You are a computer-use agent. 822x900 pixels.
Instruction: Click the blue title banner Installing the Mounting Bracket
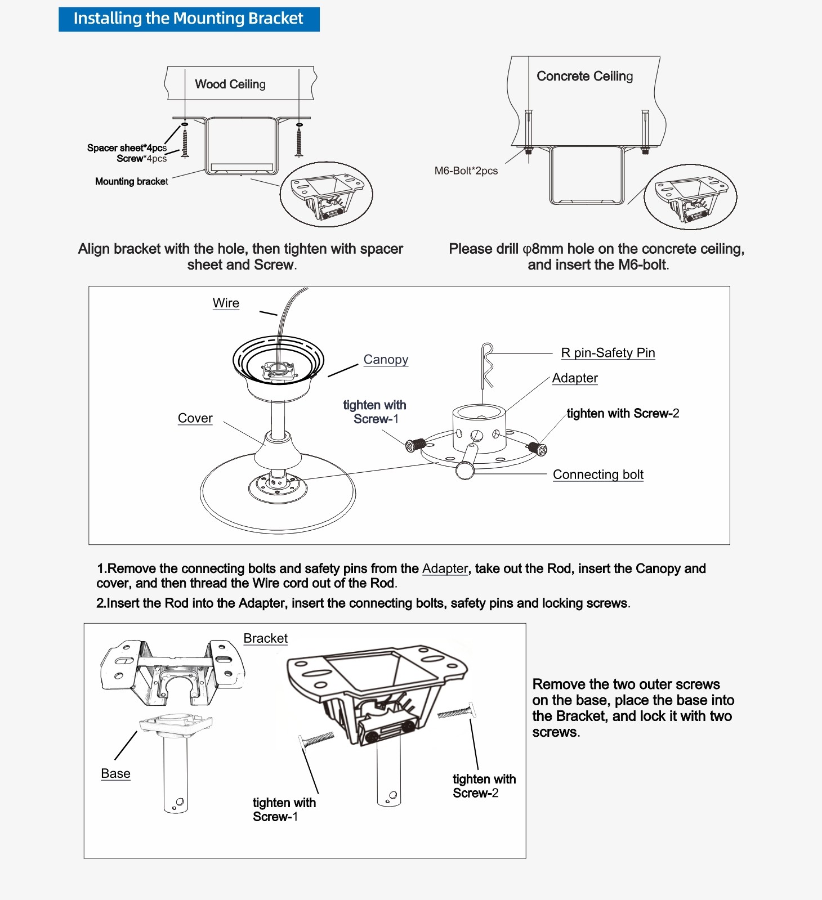click(x=189, y=19)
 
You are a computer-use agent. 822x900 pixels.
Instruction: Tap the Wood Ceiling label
click(x=230, y=84)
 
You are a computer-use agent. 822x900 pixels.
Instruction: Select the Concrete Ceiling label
click(x=584, y=76)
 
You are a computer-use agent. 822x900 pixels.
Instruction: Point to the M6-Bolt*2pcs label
click(x=466, y=171)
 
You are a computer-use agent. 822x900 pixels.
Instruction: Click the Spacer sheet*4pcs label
click(x=127, y=148)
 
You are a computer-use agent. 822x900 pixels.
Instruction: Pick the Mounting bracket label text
click(x=131, y=181)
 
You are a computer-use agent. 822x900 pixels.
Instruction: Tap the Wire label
click(x=226, y=303)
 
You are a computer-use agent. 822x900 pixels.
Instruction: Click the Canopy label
click(x=386, y=360)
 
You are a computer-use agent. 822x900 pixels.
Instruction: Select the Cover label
click(x=195, y=418)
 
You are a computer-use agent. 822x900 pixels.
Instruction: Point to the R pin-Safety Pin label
click(x=608, y=353)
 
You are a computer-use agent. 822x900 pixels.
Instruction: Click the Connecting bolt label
click(x=598, y=474)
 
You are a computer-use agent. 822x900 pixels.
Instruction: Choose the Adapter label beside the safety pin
click(x=575, y=378)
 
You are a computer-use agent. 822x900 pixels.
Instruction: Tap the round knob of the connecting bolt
click(x=465, y=471)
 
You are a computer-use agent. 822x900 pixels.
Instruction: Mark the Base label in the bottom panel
click(x=115, y=774)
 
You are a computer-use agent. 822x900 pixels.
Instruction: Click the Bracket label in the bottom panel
click(x=265, y=638)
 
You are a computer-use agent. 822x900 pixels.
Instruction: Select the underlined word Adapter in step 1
click(x=445, y=568)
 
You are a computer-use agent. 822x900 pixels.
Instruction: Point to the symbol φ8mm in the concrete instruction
click(x=543, y=249)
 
